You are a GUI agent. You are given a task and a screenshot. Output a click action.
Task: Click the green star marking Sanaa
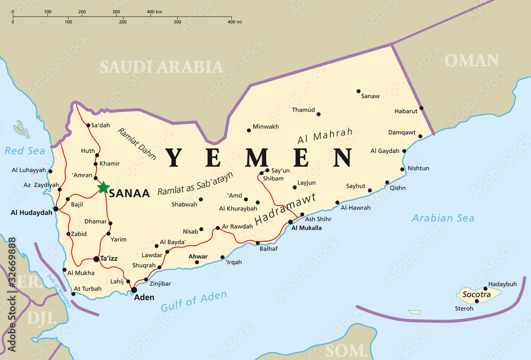click(104, 187)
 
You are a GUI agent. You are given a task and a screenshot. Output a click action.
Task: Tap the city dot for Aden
click(134, 290)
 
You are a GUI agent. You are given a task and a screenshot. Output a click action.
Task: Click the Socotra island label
click(473, 294)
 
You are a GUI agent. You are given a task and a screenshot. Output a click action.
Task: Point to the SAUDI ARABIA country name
click(161, 67)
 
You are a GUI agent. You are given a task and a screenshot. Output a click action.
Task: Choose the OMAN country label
click(472, 60)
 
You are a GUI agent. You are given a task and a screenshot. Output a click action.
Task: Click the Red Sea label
click(25, 151)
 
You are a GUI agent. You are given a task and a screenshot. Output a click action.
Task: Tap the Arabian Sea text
click(443, 218)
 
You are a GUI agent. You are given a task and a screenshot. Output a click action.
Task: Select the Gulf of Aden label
click(194, 301)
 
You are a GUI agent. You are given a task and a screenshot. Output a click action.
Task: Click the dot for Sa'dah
click(88, 125)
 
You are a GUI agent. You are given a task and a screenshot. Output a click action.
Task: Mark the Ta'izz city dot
click(96, 259)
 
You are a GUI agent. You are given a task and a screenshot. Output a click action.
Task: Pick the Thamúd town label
click(303, 110)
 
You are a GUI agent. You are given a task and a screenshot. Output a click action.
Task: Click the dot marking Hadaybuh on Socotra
click(485, 289)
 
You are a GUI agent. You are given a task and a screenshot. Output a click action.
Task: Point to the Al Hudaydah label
click(31, 212)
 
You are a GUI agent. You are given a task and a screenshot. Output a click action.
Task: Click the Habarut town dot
click(421, 108)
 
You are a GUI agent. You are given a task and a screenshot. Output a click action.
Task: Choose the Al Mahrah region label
click(325, 136)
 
